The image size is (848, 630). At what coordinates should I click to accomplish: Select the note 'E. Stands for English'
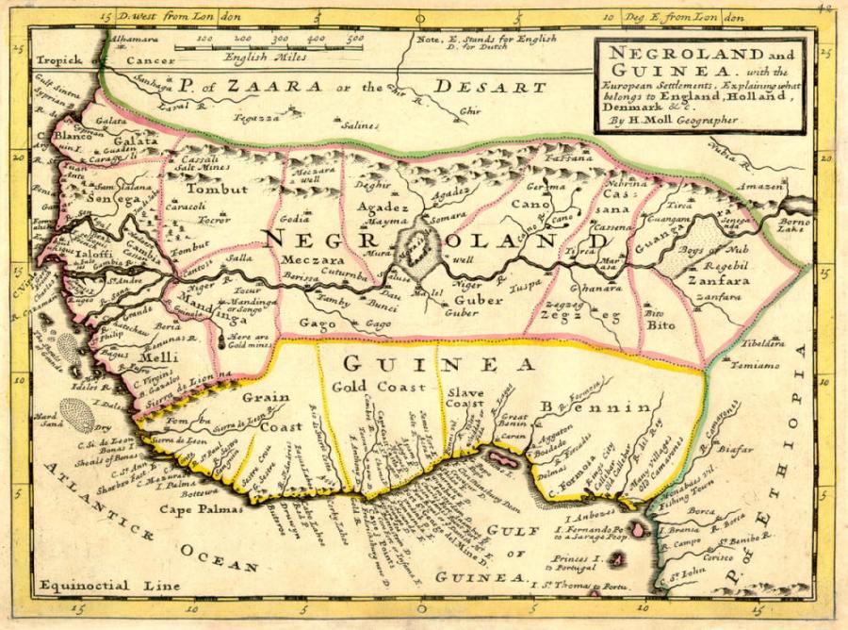[476, 39]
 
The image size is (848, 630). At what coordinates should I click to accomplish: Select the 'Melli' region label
[153, 358]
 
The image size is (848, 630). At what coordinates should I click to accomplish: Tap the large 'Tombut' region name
[221, 189]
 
